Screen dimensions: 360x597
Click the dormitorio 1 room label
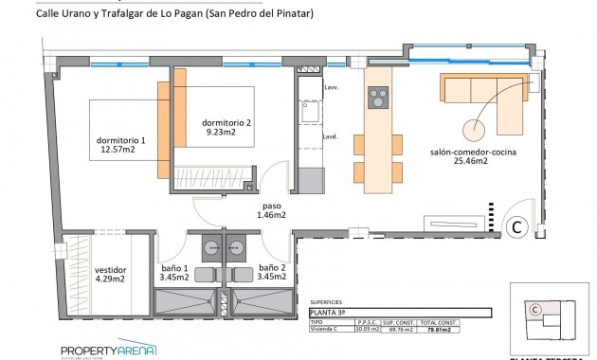coord(122,143)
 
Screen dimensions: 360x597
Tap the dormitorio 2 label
coord(227,128)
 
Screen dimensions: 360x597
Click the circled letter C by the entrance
coord(517,225)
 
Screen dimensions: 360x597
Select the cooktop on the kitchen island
coord(378,99)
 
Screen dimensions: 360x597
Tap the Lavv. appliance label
coord(330,88)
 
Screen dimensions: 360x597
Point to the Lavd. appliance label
coord(330,137)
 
